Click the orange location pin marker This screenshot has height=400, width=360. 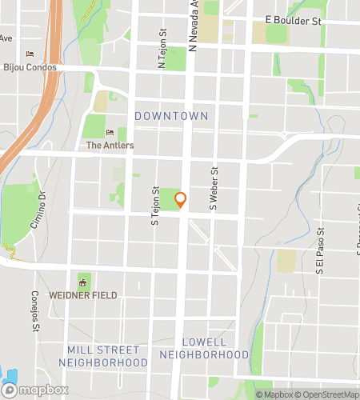click(181, 200)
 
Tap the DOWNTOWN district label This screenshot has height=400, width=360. click(171, 116)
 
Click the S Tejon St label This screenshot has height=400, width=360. click(155, 206)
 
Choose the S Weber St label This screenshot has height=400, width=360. click(214, 189)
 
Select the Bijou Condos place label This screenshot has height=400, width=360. click(30, 67)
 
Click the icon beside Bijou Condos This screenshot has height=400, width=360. click(30, 54)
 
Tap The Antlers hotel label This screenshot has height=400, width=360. click(110, 146)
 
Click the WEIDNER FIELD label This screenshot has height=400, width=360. click(82, 295)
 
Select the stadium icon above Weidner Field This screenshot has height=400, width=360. click(82, 282)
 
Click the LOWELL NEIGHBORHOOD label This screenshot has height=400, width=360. click(204, 348)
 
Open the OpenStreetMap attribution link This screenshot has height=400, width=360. click(326, 394)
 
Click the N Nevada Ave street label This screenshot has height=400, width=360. click(194, 23)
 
